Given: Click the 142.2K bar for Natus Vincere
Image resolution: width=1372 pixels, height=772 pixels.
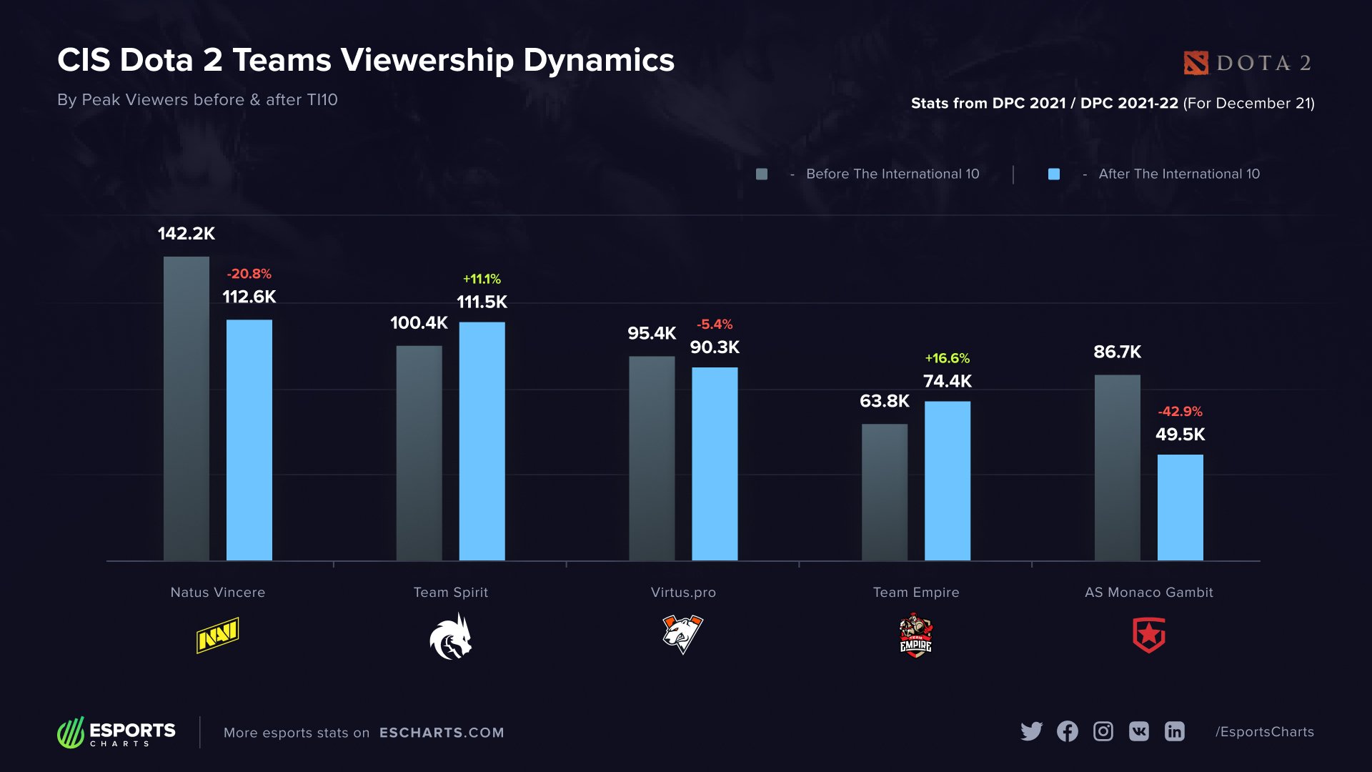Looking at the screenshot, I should pos(187,408).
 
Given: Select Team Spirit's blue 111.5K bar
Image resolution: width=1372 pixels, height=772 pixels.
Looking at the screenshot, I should pos(482,441).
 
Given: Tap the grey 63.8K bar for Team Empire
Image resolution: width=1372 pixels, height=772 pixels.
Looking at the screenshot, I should pos(885,492).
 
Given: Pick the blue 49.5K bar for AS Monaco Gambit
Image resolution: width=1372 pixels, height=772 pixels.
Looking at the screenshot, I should pos(1180,508).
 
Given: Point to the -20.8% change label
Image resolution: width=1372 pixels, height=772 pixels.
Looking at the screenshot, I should pos(249,274).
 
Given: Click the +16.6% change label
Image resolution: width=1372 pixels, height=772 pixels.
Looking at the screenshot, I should pos(947,358).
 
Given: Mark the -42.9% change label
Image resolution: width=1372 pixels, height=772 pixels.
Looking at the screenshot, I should pos(1180,412).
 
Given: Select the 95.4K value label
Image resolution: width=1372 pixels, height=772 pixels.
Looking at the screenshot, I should pos(651,333).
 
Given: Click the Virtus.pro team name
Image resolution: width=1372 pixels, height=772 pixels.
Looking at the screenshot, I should pos(683,593).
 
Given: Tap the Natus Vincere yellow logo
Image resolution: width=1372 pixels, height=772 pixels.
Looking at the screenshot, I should pos(217,635).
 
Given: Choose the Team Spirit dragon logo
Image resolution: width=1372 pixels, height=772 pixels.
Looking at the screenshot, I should pos(451,637).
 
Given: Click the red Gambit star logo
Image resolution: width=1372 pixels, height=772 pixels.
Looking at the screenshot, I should pos(1149,635).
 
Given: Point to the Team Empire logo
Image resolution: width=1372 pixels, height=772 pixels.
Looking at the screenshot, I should pos(915,635).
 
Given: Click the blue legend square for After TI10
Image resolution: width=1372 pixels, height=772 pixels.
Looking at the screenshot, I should pos(1053,174).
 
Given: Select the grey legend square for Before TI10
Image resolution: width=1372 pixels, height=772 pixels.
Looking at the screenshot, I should pos(762,174).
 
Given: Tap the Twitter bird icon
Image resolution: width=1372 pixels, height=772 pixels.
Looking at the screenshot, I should pos(1031,731).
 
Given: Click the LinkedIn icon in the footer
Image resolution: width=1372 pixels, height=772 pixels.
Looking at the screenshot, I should pos(1174,731).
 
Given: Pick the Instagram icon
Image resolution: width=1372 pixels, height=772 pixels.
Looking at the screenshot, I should pos(1103,731).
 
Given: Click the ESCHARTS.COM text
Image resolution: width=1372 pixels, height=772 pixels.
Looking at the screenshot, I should pos(442,733).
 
